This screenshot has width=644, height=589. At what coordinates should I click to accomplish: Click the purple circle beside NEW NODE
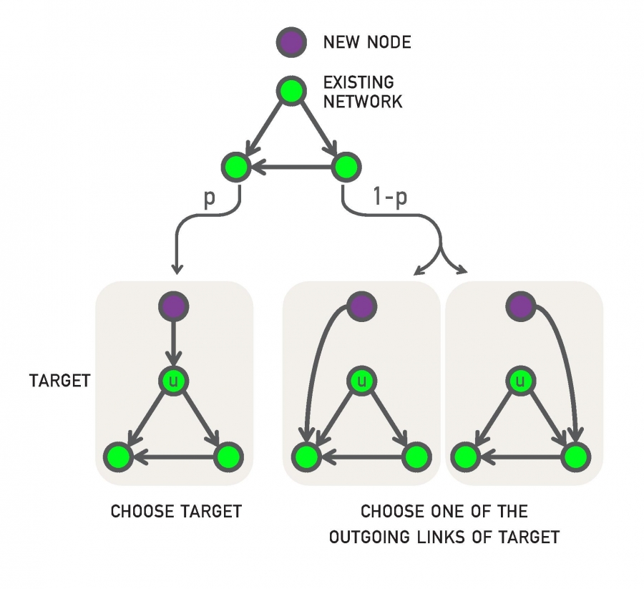[291, 42]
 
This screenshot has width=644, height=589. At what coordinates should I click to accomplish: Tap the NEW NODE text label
[367, 42]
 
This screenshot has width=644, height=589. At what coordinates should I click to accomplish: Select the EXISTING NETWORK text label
[362, 92]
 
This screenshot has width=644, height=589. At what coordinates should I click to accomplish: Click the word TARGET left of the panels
[60, 381]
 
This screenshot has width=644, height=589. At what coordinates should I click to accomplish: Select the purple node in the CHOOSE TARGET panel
[172, 307]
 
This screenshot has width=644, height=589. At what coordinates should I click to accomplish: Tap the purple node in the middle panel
[362, 307]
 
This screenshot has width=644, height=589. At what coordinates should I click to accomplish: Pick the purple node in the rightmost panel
[521, 307]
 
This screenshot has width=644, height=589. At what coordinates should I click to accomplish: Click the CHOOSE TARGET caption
[176, 512]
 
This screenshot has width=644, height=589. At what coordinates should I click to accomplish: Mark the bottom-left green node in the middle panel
[306, 456]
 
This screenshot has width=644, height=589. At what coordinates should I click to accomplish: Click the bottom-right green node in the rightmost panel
[576, 456]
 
